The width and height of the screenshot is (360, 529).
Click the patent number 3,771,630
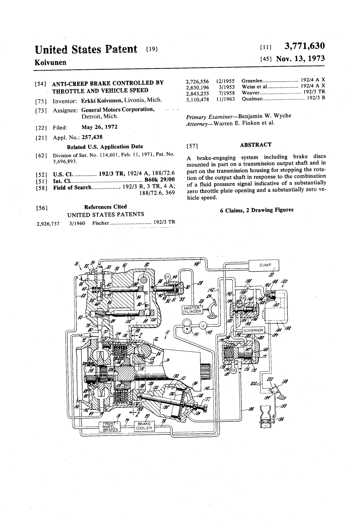pos(304,47)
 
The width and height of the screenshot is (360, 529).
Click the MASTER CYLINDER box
pos(193,310)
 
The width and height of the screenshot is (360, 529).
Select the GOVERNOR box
pos(253,330)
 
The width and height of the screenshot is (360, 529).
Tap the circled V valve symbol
pos(203,325)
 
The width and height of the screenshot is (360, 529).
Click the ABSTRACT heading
pos(256,145)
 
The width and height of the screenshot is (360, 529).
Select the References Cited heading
pos(105,207)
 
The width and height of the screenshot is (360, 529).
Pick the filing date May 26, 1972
pos(99,127)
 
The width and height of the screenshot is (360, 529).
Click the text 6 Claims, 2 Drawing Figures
pos(256,210)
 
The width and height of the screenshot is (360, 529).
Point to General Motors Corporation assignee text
pos(118,109)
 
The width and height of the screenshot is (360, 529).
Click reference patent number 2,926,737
pos(48,223)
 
